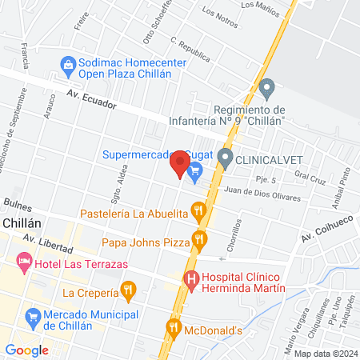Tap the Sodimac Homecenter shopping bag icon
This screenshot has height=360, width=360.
[67, 63]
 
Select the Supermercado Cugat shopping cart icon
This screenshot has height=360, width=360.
[194, 170]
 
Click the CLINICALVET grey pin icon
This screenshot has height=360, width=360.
[226, 158]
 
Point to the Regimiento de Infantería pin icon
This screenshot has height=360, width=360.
[268, 86]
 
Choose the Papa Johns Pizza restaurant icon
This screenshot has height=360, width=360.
[198, 238]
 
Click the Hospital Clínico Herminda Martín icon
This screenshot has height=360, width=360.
[191, 279]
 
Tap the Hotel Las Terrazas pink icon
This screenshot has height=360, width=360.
[25, 262]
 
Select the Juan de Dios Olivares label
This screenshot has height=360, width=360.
[263, 193]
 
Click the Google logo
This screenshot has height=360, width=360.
[27, 350]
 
